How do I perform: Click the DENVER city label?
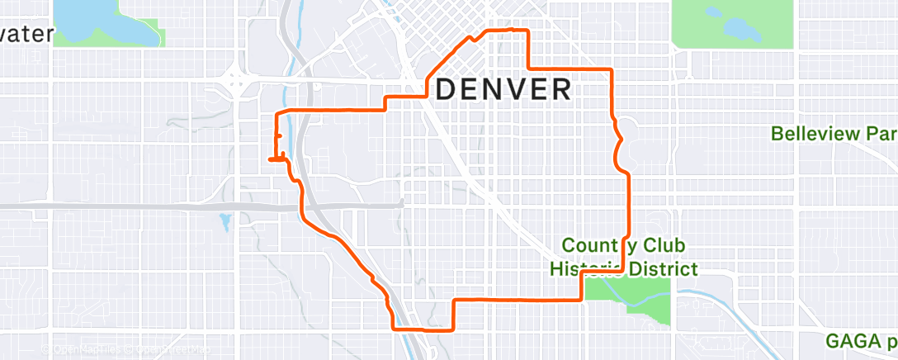(503, 88)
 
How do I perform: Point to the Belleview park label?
(834, 133)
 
